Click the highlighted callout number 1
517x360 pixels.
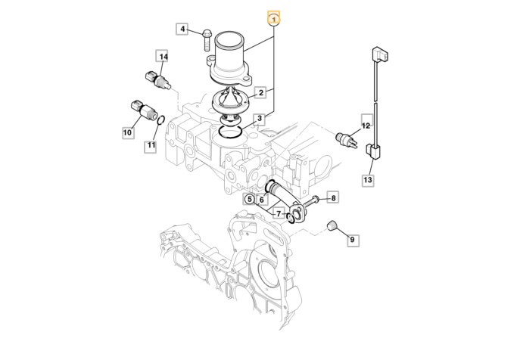pos(275,18)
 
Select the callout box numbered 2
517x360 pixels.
pos(260,93)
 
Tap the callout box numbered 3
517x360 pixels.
pos(260,119)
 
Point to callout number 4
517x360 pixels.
pos(182,29)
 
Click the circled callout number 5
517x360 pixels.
pos(249,200)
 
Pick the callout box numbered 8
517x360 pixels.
pos(333,197)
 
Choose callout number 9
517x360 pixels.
pos(353,240)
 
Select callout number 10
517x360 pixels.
pos(127,133)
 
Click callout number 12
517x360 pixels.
pos(366,126)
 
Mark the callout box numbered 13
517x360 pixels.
pos(368,180)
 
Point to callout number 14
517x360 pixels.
pos(163,57)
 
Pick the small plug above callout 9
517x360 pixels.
pos(330,225)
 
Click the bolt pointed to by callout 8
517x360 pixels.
pos(313,201)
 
